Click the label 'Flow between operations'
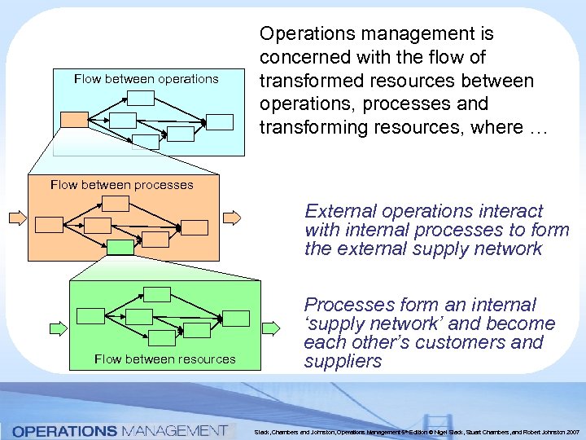146,79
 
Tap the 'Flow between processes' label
122,185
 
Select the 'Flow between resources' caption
165,359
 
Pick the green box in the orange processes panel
120,247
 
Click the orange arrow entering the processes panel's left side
16,218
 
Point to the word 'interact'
502,210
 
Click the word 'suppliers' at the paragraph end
343,361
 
